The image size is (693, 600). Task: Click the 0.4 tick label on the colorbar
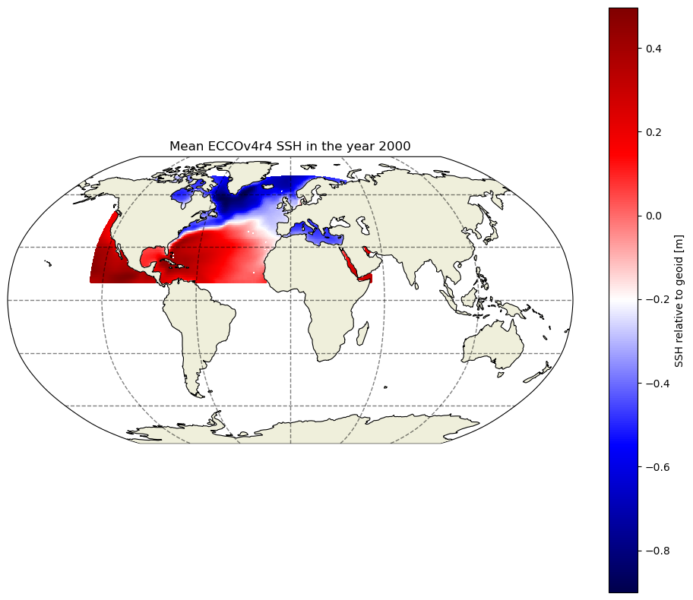(x=653, y=49)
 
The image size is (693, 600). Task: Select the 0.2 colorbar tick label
(x=653, y=132)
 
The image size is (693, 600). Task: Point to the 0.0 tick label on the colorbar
(x=653, y=216)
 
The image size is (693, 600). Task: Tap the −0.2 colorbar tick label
(x=657, y=299)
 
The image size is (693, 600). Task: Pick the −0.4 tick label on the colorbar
(x=657, y=383)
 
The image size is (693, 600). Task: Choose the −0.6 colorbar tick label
(x=657, y=467)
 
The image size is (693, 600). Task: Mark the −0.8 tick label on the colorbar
(x=657, y=551)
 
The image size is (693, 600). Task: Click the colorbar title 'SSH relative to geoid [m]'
(x=679, y=301)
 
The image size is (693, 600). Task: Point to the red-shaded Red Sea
(x=349, y=263)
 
